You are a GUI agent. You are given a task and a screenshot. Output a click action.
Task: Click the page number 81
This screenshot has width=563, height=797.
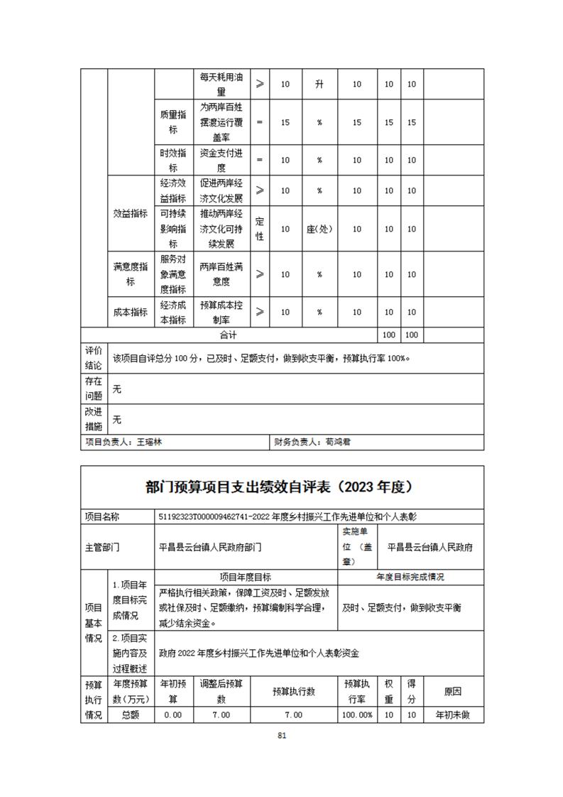tap(282, 736)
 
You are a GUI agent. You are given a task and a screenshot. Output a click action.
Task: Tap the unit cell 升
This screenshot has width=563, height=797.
tap(319, 85)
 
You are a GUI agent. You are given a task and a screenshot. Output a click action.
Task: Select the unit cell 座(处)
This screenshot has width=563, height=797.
tap(319, 229)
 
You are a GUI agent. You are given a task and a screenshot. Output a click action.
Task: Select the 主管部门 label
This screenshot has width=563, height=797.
tap(102, 548)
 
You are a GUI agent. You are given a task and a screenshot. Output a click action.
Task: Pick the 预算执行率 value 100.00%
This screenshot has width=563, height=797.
tap(358, 715)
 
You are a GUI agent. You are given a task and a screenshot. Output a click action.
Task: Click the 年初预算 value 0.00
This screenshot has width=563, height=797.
tap(173, 715)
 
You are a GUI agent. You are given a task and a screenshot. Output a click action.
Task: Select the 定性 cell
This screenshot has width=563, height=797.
tap(259, 229)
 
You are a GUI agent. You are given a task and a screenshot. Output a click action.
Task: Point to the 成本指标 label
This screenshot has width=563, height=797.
tap(131, 312)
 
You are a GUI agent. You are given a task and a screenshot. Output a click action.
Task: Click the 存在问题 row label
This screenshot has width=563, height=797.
tap(94, 389)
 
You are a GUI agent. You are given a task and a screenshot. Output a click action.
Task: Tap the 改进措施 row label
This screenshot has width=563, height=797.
tap(94, 419)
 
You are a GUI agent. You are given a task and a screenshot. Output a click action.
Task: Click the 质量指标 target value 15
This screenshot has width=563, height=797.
tap(285, 122)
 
